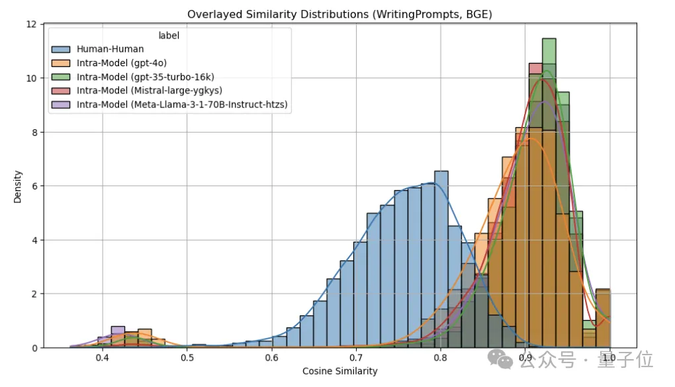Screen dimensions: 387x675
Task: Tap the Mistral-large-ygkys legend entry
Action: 149,90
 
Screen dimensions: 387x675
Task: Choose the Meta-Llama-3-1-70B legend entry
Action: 182,104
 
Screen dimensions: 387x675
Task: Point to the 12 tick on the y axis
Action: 31,25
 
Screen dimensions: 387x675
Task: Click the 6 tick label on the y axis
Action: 34,186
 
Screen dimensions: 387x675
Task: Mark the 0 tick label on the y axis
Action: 34,348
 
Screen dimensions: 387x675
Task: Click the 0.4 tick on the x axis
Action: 103,359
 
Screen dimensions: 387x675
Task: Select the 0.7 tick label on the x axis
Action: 356,359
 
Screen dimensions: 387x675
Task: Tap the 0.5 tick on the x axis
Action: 187,359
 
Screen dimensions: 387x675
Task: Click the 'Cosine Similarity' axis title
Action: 340,371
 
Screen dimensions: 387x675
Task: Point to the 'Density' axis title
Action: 19,186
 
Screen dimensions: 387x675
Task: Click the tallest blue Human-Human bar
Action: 441,258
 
